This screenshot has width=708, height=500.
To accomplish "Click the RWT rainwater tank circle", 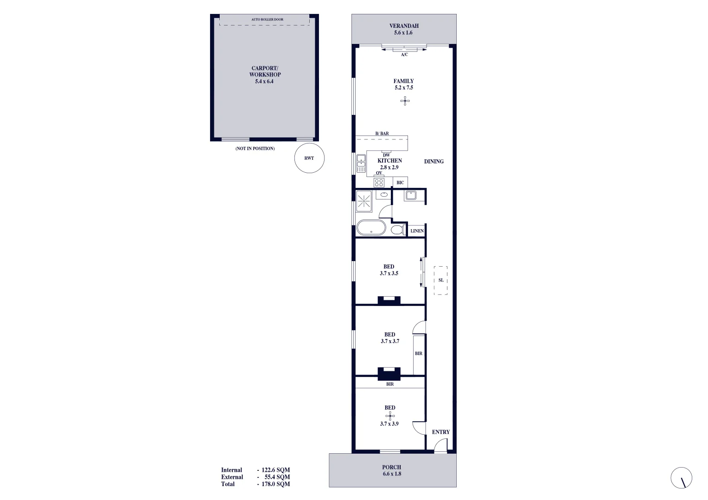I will pyautogui.click(x=309, y=158).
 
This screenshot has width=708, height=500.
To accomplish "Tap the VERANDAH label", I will pyautogui.click(x=404, y=26).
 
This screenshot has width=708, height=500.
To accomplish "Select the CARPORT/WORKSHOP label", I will pyautogui.click(x=265, y=71).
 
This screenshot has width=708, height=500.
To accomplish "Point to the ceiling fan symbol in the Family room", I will pyautogui.click(x=405, y=100).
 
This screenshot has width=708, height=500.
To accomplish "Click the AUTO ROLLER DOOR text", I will pyautogui.click(x=267, y=19).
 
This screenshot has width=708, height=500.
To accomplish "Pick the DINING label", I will pyautogui.click(x=434, y=162).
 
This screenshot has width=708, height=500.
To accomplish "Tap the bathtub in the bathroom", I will pyautogui.click(x=371, y=228).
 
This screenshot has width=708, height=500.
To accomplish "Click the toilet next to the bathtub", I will pyautogui.click(x=397, y=230).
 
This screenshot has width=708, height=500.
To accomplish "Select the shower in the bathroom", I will pyautogui.click(x=364, y=201).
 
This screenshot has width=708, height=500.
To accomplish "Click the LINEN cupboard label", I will pyautogui.click(x=417, y=231).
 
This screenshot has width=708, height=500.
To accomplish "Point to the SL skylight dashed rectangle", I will pyautogui.click(x=440, y=280).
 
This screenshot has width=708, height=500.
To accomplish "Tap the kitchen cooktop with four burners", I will pyautogui.click(x=379, y=182).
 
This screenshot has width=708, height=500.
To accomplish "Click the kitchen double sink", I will pyautogui.click(x=361, y=163).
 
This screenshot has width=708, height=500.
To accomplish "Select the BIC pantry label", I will pyautogui.click(x=400, y=182).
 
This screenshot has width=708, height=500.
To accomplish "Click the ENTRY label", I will pyautogui.click(x=440, y=432).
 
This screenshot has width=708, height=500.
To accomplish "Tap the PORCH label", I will pyautogui.click(x=392, y=467).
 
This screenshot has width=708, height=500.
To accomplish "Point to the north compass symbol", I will pyautogui.click(x=681, y=478).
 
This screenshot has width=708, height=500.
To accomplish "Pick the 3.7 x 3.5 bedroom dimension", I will pyautogui.click(x=389, y=273).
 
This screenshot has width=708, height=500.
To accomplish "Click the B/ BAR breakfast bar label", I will pyautogui.click(x=382, y=133).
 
